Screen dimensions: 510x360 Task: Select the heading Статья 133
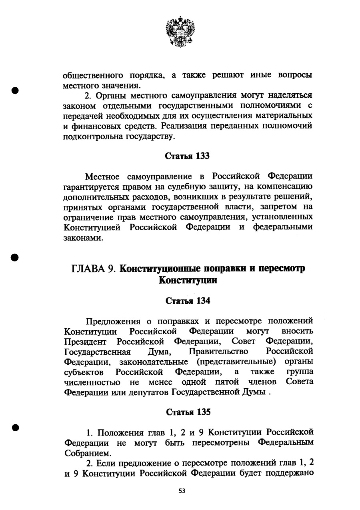188,156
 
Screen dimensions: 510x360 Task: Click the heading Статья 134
188,301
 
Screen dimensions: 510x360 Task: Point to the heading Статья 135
188,412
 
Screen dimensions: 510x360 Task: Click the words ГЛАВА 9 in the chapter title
94,269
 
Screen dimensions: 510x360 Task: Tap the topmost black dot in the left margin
16,90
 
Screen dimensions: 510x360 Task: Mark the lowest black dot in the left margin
16,427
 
